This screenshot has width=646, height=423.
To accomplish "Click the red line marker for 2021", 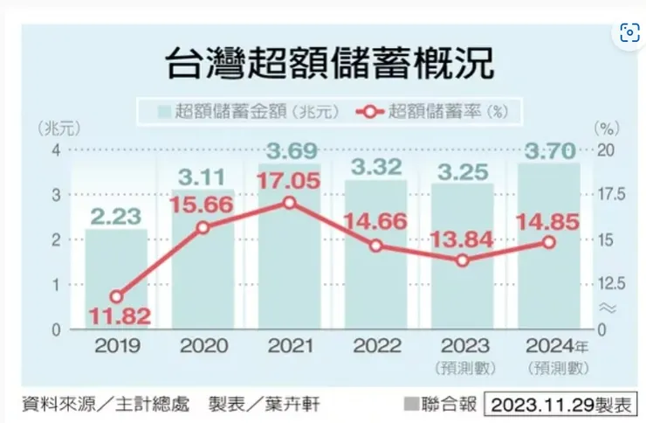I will tap(289, 203).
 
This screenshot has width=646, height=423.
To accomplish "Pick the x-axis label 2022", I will tap(376, 346).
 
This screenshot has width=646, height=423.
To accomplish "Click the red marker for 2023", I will tap(463, 260).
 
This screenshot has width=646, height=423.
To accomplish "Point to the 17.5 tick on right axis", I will tap(606, 194).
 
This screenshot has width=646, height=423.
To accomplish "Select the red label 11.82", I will tap(116, 316).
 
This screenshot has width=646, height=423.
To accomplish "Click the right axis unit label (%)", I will tap(606, 128).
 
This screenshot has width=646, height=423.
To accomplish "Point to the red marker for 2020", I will tap(203, 227).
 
